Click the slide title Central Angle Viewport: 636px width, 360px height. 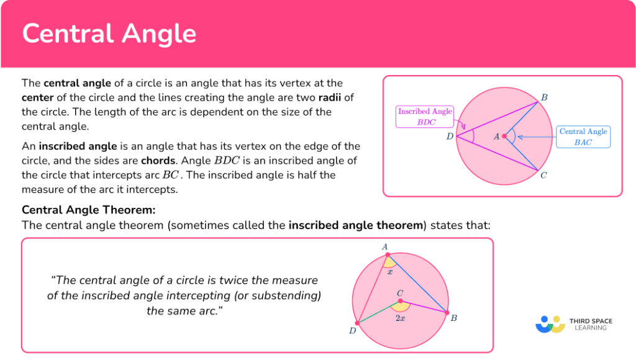click(x=109, y=34)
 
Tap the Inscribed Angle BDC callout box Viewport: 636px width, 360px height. click(x=425, y=117)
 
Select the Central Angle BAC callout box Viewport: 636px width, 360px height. click(x=583, y=137)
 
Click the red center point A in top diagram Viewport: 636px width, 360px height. click(x=504, y=136)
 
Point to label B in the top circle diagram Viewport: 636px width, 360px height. click(x=544, y=97)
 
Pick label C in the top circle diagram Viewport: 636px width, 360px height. click(x=543, y=175)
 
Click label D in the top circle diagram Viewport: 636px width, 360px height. click(x=450, y=137)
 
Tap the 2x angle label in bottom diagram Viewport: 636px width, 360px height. click(x=401, y=318)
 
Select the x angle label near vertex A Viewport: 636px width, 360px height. click(x=390, y=271)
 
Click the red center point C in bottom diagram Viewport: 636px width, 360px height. click(x=400, y=301)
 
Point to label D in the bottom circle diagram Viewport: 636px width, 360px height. click(x=352, y=330)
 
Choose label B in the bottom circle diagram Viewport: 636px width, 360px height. click(x=454, y=318)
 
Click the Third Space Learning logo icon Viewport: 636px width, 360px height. click(x=550, y=324)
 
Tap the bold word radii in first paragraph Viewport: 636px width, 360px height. click(x=334, y=97)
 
